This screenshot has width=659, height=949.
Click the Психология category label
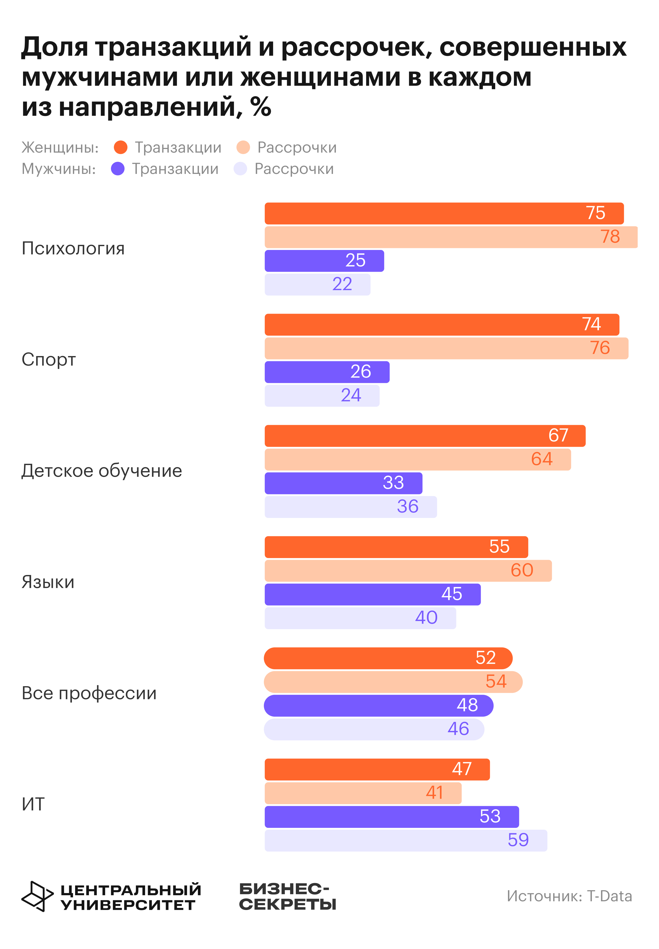coord(73,249)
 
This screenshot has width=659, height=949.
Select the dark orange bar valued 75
coord(444,213)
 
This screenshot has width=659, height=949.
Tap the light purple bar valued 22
coord(317,284)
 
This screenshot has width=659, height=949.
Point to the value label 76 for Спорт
coord(600,348)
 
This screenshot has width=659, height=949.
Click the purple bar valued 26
coord(327,372)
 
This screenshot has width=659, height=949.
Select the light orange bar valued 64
coord(417,459)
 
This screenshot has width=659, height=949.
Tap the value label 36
coord(408,506)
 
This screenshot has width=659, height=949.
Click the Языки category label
coord(48,582)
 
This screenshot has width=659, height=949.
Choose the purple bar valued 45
coord(372,594)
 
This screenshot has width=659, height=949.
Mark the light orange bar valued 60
coord(408,570)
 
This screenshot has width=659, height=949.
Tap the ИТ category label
coord(33,804)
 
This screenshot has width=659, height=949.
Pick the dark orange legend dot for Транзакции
coord(121,147)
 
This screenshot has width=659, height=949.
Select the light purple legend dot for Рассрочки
coord(240,169)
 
